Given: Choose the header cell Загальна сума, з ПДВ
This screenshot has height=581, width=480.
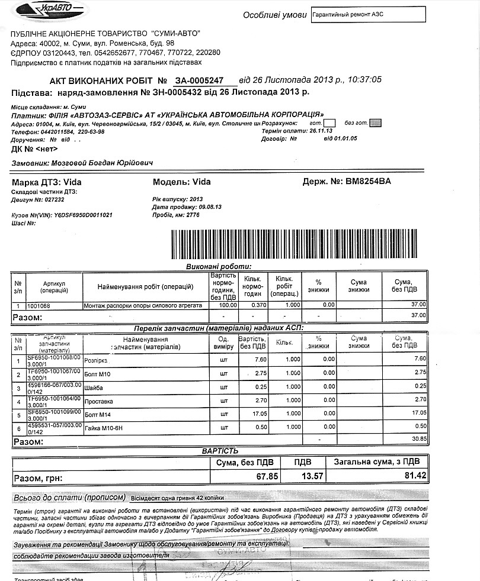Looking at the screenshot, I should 377,461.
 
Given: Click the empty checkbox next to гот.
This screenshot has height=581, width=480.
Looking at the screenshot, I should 331,122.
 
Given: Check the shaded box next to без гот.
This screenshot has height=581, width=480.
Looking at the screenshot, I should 376,122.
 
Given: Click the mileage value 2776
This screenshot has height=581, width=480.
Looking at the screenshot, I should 193,215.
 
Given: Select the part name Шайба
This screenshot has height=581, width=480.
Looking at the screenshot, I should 94,388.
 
